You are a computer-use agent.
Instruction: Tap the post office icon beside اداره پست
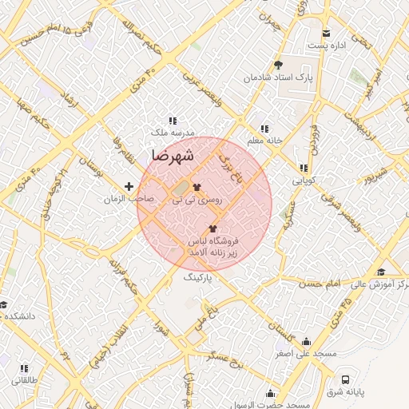pos(326,33)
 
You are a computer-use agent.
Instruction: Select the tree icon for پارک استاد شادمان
pos(278,66)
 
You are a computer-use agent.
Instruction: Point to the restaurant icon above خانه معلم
pos(264,128)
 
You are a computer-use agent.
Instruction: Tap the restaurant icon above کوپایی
pos(304,168)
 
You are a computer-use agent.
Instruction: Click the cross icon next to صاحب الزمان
pos(129,186)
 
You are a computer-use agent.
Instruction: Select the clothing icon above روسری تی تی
pos(197,188)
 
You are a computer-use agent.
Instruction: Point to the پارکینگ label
pos(199,277)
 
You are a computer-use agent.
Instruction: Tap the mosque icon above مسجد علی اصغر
pos(306,341)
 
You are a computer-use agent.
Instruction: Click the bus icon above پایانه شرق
pos(345,379)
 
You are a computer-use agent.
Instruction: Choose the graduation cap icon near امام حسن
pos(380,272)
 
